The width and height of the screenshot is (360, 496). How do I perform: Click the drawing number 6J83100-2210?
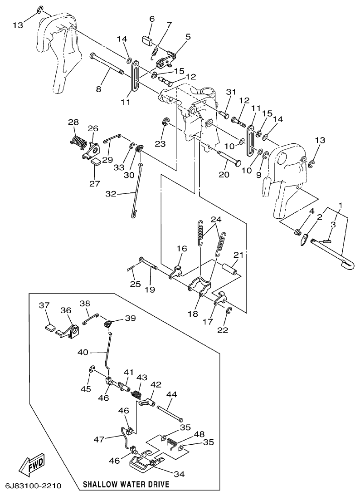[x=33, y=486]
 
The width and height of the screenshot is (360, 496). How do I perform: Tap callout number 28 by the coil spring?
[x=73, y=122]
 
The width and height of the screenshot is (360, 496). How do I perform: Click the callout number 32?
[x=111, y=194]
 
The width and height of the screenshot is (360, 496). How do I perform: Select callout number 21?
[x=239, y=255]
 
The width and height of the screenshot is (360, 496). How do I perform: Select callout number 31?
[x=232, y=92]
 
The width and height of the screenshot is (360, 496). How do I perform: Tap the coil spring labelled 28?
[x=79, y=141]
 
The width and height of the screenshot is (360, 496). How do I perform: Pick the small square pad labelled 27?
[x=95, y=160]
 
